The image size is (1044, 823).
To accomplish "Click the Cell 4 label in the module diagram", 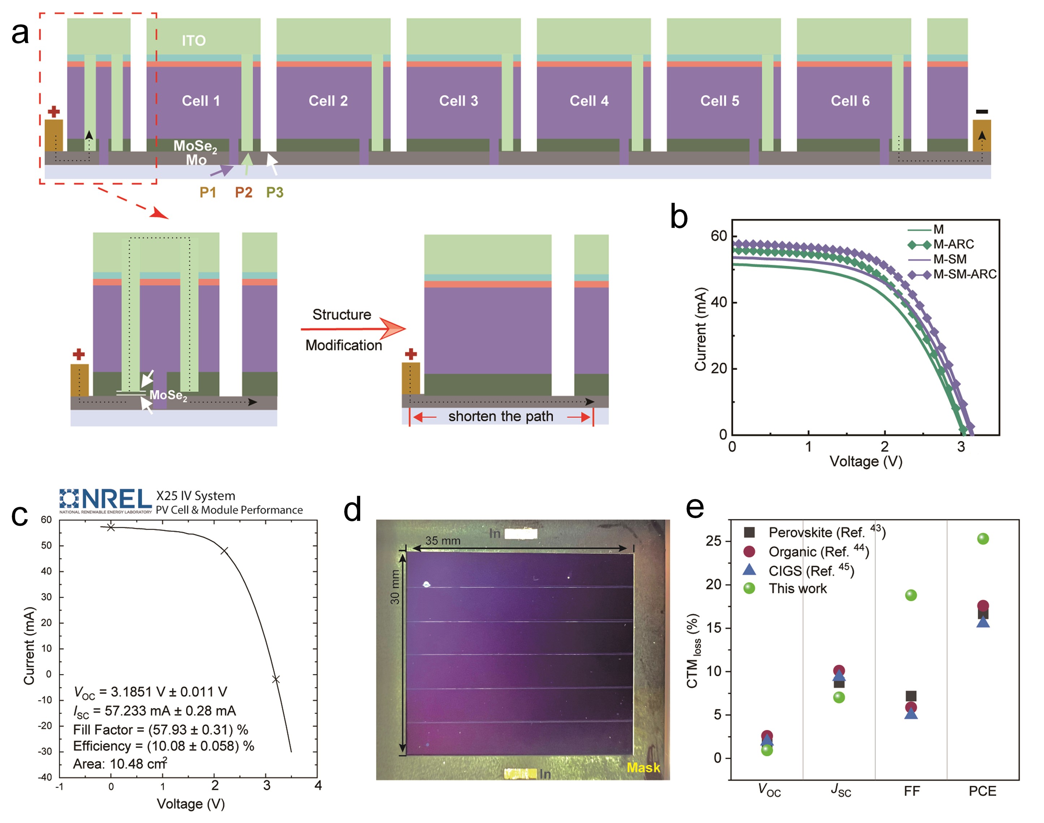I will click(x=589, y=101).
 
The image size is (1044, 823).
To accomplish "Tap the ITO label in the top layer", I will click(x=194, y=40).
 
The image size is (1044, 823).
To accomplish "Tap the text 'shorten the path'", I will click(x=501, y=416).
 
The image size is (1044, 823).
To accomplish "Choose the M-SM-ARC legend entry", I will click(x=964, y=274).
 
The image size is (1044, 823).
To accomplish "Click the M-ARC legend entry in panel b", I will click(x=953, y=244).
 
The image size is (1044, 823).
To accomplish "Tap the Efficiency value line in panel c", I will click(x=163, y=746).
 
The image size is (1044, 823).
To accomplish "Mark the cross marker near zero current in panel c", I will click(x=276, y=680).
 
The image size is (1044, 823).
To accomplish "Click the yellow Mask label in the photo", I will click(x=643, y=768).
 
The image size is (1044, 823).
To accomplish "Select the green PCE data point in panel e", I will click(x=983, y=539).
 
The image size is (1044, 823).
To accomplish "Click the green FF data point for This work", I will click(x=911, y=595).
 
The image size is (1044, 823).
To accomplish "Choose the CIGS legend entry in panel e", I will click(x=811, y=571).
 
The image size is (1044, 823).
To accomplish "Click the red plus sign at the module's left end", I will click(x=54, y=112).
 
